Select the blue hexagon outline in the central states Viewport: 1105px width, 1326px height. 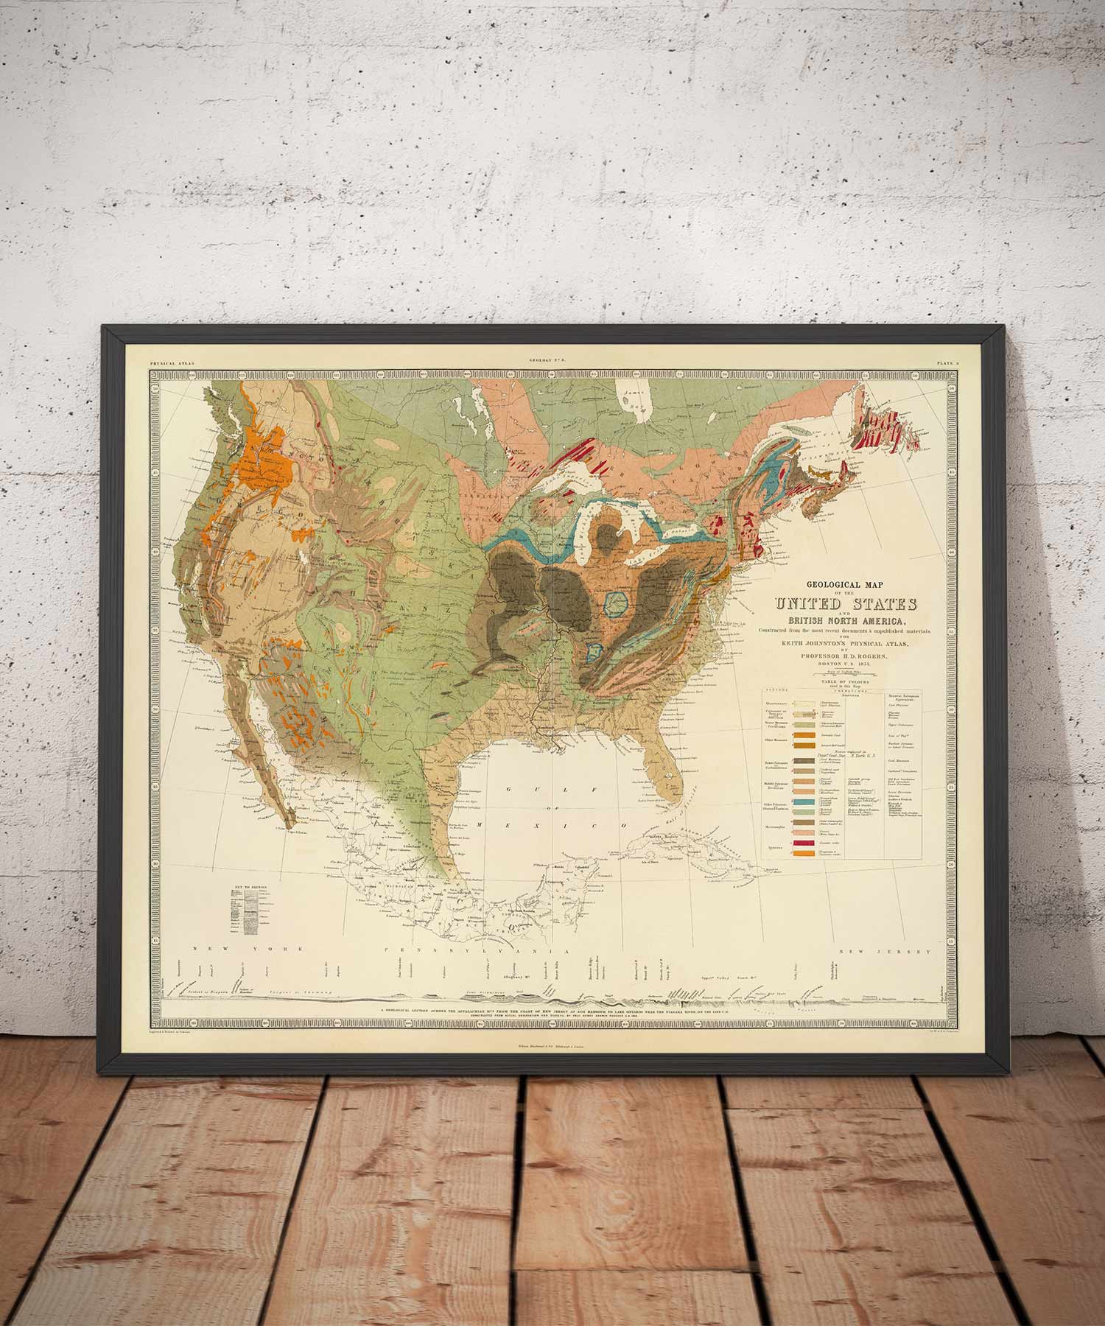[614, 603]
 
